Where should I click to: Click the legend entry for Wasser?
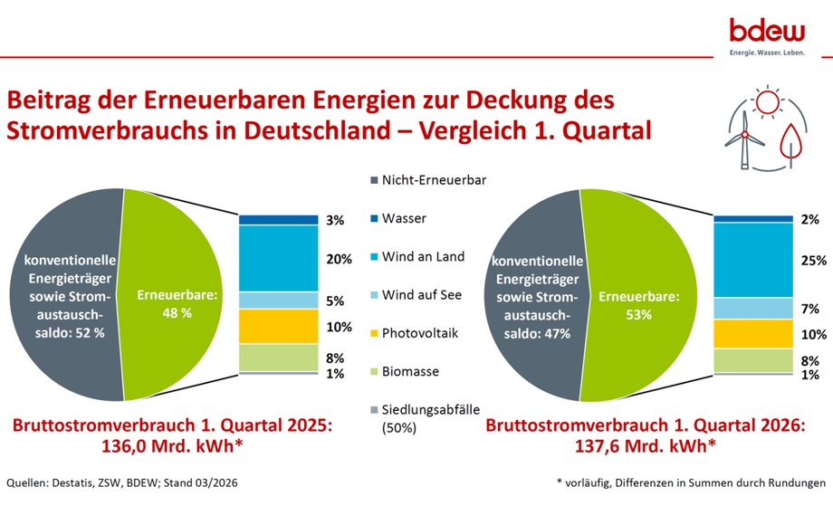404,218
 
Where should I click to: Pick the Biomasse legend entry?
411,371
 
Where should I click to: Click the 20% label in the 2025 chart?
339,259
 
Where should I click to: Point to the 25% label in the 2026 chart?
813,261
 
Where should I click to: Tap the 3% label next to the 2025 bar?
335,220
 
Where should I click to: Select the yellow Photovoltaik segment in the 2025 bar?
278,326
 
